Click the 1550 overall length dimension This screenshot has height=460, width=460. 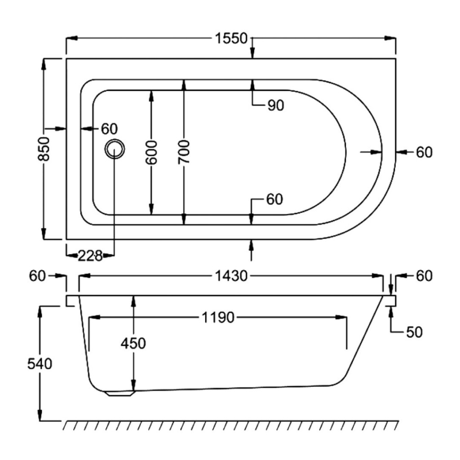(231, 39)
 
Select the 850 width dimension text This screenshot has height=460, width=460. (43, 149)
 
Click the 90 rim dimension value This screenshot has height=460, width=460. (275, 106)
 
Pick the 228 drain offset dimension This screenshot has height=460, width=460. (90, 256)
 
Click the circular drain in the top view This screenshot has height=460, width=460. (115, 148)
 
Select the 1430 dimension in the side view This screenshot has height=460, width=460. (230, 276)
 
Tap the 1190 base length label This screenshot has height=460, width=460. (218, 318)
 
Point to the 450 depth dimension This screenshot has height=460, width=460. (133, 343)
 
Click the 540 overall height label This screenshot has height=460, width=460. (40, 363)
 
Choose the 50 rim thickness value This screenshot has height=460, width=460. (414, 332)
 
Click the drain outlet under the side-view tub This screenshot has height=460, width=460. (119, 394)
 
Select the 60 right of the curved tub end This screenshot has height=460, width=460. (424, 152)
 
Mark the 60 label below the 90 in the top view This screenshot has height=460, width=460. (274, 199)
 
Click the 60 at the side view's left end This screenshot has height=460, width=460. (38, 276)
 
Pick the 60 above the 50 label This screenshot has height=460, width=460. (424, 276)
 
